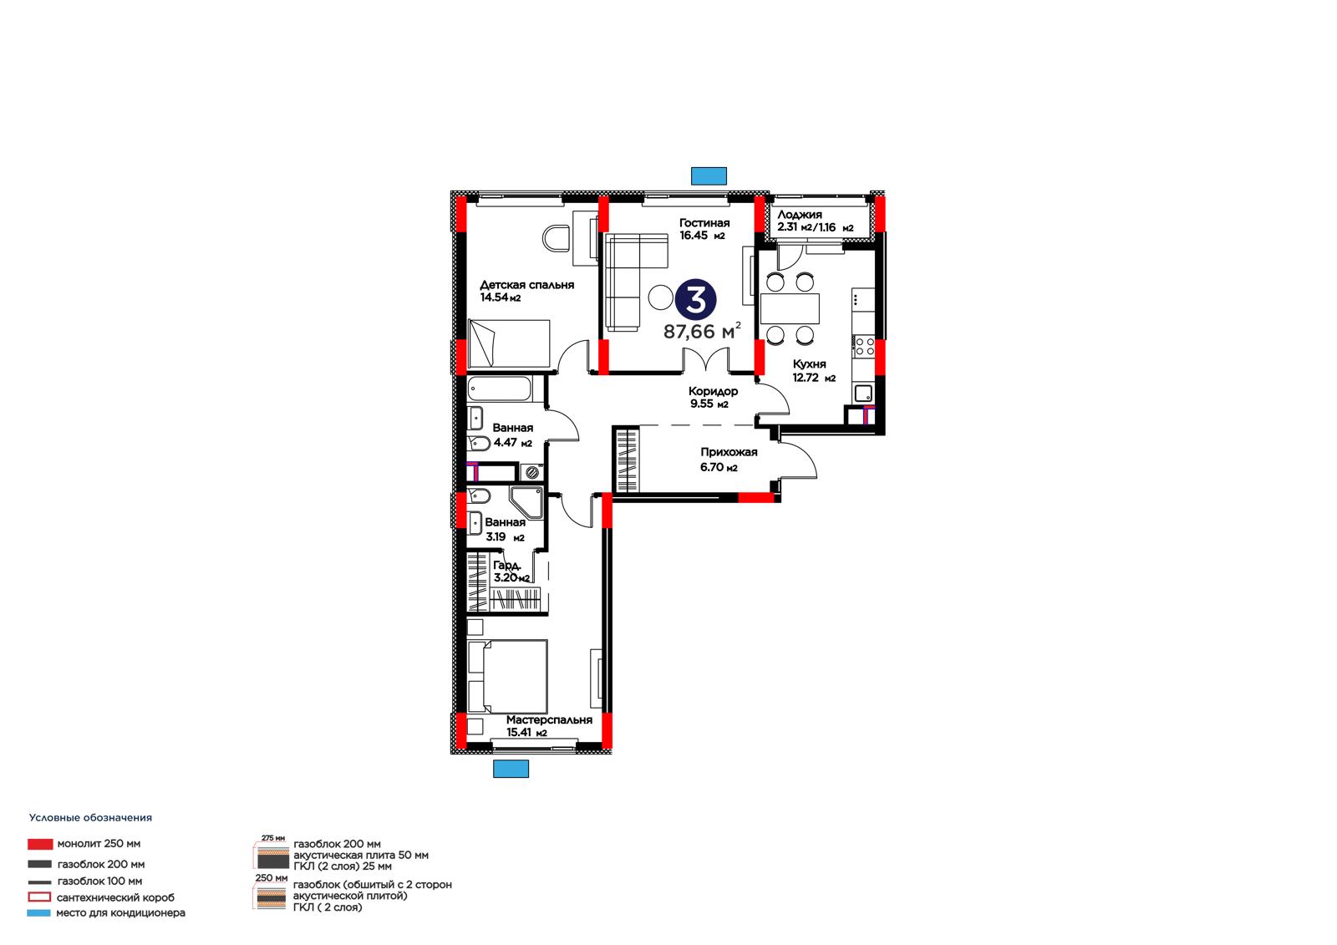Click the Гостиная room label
(x=704, y=223)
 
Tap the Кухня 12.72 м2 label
(x=814, y=371)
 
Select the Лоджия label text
(x=799, y=214)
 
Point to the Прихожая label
(x=729, y=453)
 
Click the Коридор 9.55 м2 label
(x=713, y=398)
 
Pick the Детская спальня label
(x=527, y=286)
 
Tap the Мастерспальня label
(x=549, y=720)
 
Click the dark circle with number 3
(x=696, y=300)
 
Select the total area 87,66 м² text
(x=702, y=331)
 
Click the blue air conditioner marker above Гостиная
(x=709, y=176)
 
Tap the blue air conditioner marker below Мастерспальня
(x=511, y=769)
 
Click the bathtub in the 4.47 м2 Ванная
(x=499, y=389)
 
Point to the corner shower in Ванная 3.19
(x=527, y=503)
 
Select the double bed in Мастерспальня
(x=508, y=676)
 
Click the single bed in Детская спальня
(x=509, y=344)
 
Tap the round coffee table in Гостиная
(x=661, y=297)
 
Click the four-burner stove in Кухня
(x=864, y=347)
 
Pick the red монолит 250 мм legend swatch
(x=40, y=844)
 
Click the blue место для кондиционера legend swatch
(x=38, y=912)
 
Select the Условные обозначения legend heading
(x=91, y=818)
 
